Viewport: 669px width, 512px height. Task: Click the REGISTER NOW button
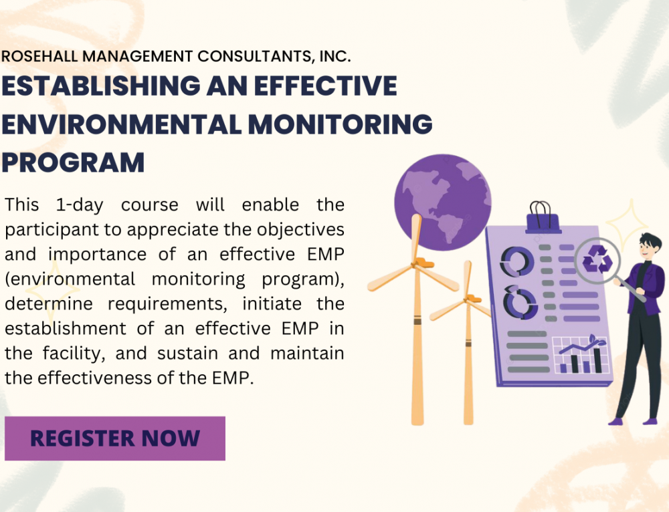point(115,438)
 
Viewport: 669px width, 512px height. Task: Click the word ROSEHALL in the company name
point(39,56)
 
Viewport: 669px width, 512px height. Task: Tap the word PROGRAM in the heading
point(74,162)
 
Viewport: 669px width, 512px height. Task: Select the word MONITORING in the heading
point(340,124)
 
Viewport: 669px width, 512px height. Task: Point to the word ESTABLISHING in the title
point(101,86)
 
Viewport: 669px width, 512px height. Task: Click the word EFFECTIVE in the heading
point(326,86)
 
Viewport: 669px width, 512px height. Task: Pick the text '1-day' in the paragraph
point(80,205)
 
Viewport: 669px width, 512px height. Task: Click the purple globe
point(442,202)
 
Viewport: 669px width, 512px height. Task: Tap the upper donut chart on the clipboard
point(517,261)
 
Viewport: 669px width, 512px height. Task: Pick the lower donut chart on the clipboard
point(520,303)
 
